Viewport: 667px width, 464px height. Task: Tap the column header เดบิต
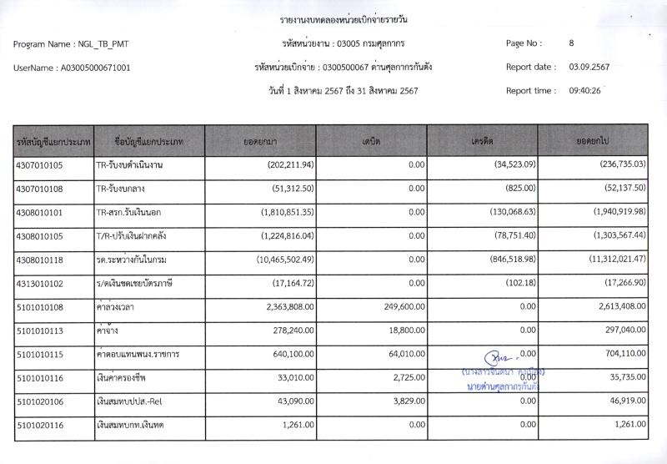[371, 142]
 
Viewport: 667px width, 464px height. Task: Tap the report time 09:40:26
[584, 91]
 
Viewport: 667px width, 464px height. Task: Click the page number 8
[571, 43]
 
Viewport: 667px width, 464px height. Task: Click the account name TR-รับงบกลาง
[125, 189]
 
